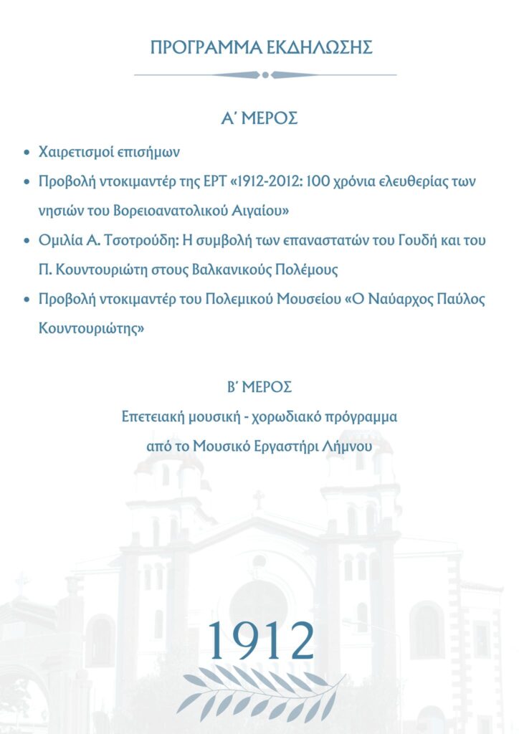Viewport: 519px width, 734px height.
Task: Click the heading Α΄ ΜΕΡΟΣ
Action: coord(259,118)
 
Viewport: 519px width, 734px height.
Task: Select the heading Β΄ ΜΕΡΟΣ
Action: coord(259,387)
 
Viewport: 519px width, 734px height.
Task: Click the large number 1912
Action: coord(260,640)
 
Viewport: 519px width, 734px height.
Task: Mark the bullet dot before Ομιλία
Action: coord(27,241)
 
